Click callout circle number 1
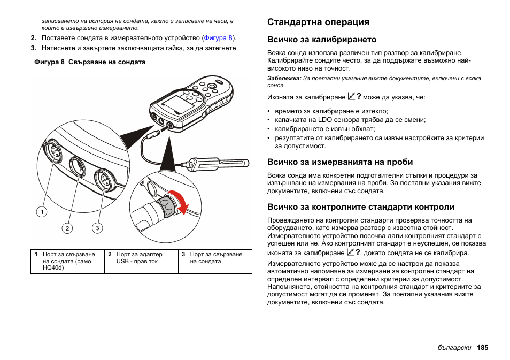41,212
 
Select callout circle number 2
67,228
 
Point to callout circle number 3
97,228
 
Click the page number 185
483,347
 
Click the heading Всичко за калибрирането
322,40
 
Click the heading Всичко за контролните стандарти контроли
361,207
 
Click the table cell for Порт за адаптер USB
140,258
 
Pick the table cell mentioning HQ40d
68,261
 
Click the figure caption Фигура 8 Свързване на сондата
89,62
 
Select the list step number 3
33,48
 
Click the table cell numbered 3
214,258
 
